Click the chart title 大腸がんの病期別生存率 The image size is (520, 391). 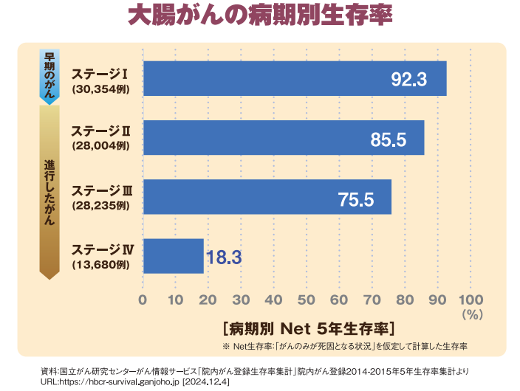259,17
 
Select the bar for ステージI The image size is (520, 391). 294,78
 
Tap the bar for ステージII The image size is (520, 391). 283,137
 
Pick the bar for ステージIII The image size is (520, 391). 267,196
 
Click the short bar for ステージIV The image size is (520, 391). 173,256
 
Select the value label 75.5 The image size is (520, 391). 356,198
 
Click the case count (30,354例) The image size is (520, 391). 100,87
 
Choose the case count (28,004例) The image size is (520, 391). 100,146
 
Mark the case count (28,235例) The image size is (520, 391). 100,205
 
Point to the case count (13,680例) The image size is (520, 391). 100,264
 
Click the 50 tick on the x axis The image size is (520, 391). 307,300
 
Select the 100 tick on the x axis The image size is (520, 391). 471,300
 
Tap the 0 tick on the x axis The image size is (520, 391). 143,300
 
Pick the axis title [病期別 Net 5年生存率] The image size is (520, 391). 308,327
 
